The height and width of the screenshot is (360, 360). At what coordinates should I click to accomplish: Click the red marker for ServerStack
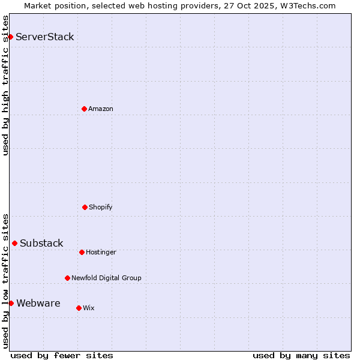coord(10,37)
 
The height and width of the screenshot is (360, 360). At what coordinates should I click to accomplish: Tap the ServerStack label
coord(45,37)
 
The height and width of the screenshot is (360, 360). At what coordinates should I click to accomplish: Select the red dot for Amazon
coord(84,109)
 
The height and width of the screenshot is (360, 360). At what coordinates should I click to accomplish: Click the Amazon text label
coord(101,109)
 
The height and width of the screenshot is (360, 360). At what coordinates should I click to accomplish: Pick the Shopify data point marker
coord(85,207)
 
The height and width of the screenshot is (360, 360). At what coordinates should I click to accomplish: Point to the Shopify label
coord(101,208)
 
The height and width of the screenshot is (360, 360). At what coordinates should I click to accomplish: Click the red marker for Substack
coord(14,243)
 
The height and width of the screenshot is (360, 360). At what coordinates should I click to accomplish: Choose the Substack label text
coord(41,244)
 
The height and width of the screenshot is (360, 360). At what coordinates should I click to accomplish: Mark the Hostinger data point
coord(82,252)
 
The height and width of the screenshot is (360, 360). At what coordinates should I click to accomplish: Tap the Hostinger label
coord(101,253)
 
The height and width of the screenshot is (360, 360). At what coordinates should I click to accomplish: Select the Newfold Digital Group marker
coord(67,278)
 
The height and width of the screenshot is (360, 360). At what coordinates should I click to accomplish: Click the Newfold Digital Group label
coord(106,278)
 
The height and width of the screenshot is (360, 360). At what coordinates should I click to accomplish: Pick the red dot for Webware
coord(11,303)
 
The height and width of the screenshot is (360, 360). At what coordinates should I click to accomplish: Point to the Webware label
coord(38,304)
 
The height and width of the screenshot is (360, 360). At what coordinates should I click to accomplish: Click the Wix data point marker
coord(79,308)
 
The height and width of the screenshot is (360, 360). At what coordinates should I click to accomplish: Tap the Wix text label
coord(89,308)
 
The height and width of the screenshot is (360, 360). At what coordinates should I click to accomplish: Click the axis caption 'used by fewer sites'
coord(62,355)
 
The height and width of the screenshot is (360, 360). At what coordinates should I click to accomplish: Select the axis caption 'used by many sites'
coord(301,355)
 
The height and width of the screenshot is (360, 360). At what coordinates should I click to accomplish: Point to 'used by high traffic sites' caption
coord(6,85)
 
